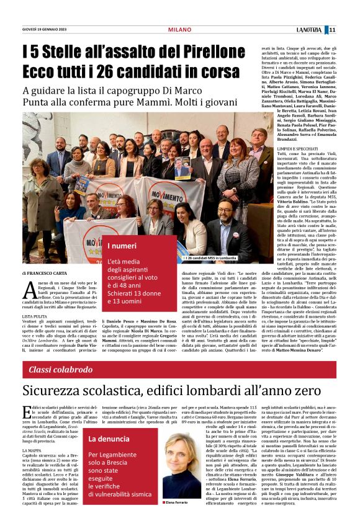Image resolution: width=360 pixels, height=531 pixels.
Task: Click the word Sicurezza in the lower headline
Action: tap(63, 392)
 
